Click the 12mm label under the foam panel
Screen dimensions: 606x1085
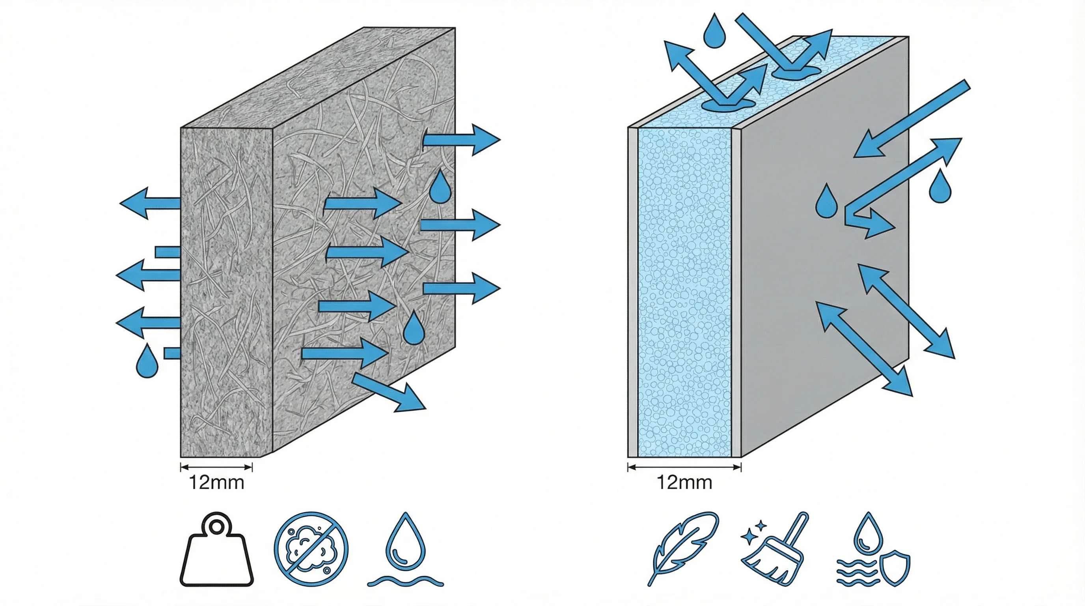tap(684, 482)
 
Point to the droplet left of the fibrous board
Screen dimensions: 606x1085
tap(147, 361)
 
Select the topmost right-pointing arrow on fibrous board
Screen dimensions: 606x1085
tap(461, 140)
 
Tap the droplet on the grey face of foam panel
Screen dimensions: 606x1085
tap(826, 202)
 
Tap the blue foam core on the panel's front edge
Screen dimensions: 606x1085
tap(684, 295)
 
